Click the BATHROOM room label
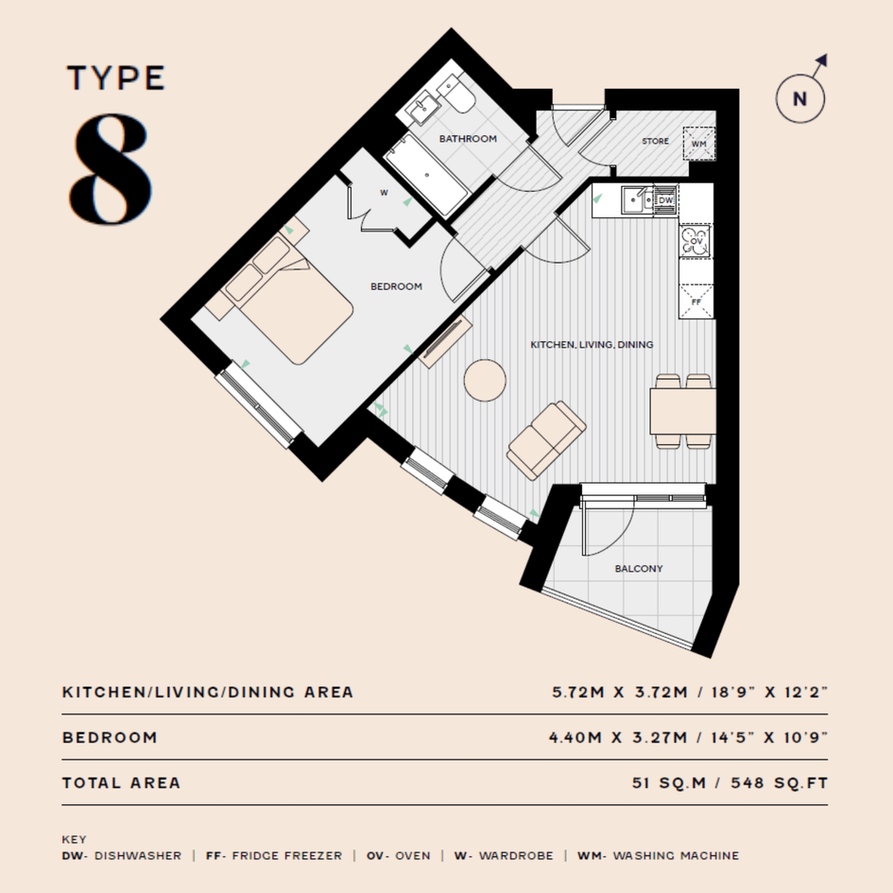coord(468,138)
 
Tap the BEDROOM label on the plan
coord(396,286)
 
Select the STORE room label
coord(656,141)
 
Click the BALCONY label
coord(639,568)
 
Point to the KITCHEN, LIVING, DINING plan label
coord(592,345)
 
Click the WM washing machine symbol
coord(698,144)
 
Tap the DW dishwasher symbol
coord(665,200)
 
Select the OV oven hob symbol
coord(696,241)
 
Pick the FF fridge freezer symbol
coord(696,301)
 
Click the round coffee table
coord(485,381)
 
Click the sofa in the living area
coord(546,439)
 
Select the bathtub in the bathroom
coord(426,174)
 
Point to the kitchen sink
coord(637,200)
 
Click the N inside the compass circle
coord(800,99)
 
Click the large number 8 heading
coord(112,168)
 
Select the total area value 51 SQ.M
coord(669,783)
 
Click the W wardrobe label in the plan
coord(384,193)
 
